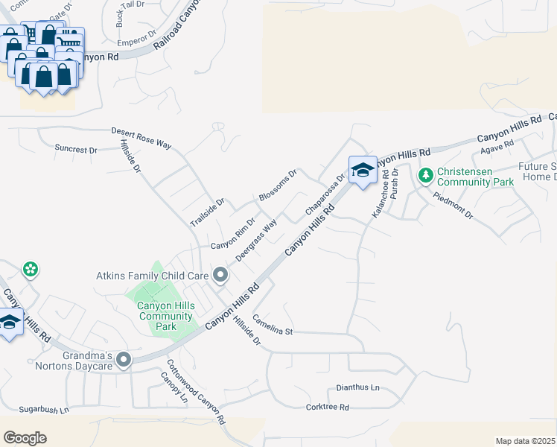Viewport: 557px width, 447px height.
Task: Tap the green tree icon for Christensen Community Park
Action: coord(425,176)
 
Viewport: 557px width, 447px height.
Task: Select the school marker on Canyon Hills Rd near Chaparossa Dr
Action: coord(363,171)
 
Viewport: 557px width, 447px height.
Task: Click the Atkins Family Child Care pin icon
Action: coord(220,276)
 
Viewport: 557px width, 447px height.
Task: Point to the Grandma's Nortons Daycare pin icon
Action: coord(124,361)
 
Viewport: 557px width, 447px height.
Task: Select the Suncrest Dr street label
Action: coord(76,149)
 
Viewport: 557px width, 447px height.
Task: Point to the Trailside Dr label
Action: coord(207,212)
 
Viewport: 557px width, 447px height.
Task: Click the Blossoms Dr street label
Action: coord(278,186)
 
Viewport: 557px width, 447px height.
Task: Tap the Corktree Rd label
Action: coord(328,408)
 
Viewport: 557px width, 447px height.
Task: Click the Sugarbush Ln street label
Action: coord(43,410)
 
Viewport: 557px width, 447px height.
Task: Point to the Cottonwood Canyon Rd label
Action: coord(196,391)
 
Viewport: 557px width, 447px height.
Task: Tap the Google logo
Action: coord(25,438)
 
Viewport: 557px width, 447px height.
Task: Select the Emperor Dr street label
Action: coord(137,34)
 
